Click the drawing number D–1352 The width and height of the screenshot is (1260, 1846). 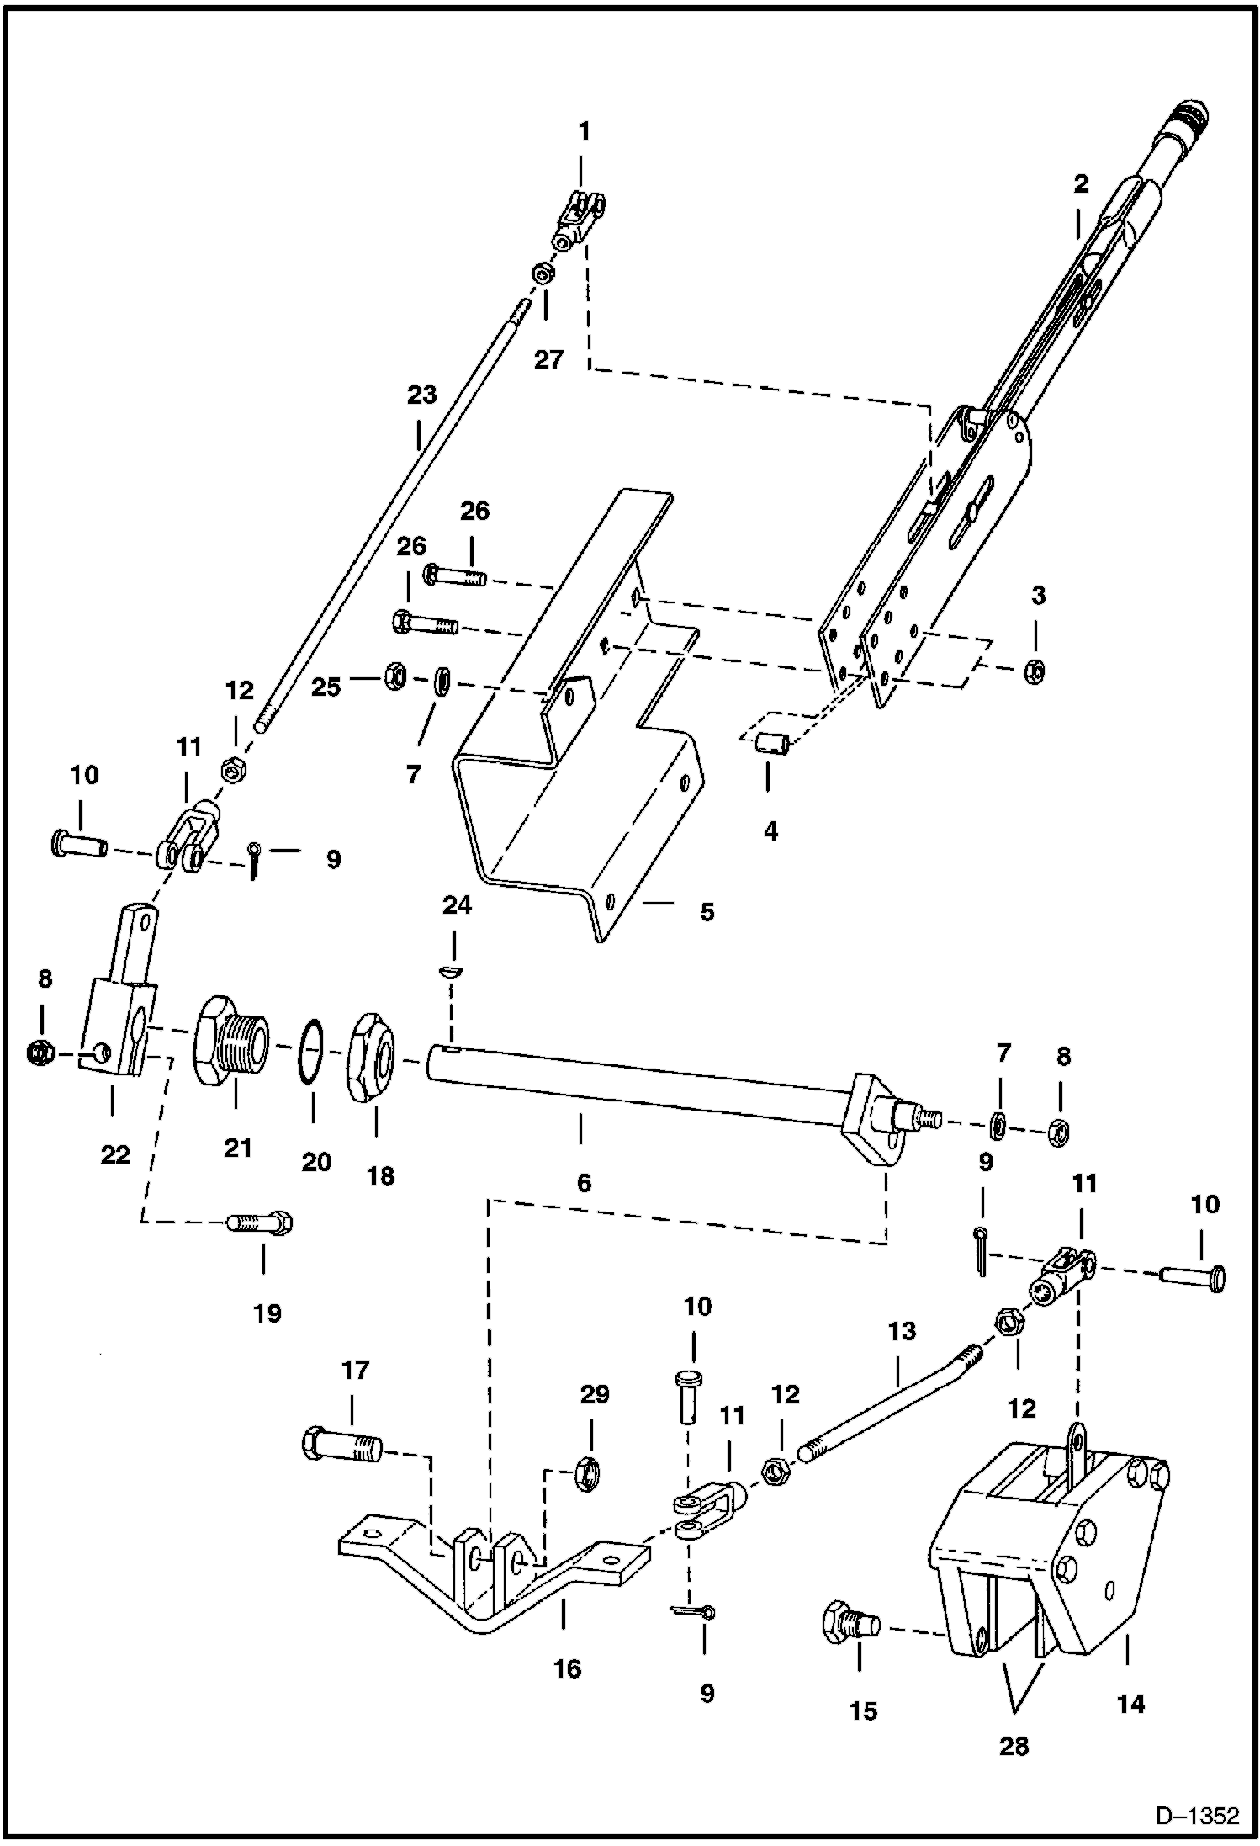pyautogui.click(x=1197, y=1816)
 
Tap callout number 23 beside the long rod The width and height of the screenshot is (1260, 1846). pyautogui.click(x=422, y=395)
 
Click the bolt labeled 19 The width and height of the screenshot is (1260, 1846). pyautogui.click(x=260, y=1223)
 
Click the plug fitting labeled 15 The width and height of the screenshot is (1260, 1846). pyautogui.click(x=848, y=1621)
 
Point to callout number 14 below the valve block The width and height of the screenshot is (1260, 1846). pyautogui.click(x=1130, y=1705)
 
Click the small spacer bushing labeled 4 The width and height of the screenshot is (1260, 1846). pyautogui.click(x=772, y=744)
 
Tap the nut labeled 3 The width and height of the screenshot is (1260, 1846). pyautogui.click(x=1036, y=670)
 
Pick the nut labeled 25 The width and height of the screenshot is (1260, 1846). pyautogui.click(x=394, y=676)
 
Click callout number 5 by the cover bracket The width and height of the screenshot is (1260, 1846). pyautogui.click(x=707, y=911)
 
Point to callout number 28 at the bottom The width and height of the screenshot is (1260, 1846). pyautogui.click(x=1014, y=1747)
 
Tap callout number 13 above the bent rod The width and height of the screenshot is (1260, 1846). pyautogui.click(x=901, y=1331)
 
